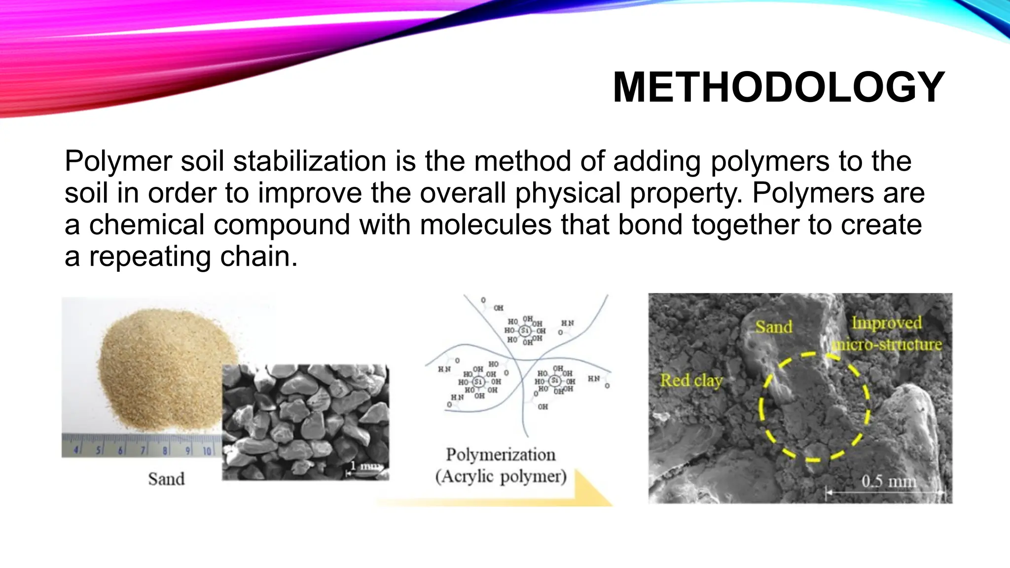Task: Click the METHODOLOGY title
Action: [x=778, y=87]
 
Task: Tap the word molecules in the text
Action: [x=485, y=225]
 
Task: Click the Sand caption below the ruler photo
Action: [x=166, y=479]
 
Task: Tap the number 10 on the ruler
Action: [x=207, y=450]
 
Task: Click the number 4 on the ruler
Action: [x=77, y=450]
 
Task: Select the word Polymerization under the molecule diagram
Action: [x=501, y=454]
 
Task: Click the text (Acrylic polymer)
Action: [x=501, y=476]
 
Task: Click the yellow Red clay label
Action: [x=691, y=381]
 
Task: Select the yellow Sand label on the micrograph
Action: [x=773, y=326]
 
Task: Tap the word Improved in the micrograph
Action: [x=886, y=322]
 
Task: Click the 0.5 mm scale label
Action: [x=888, y=481]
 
